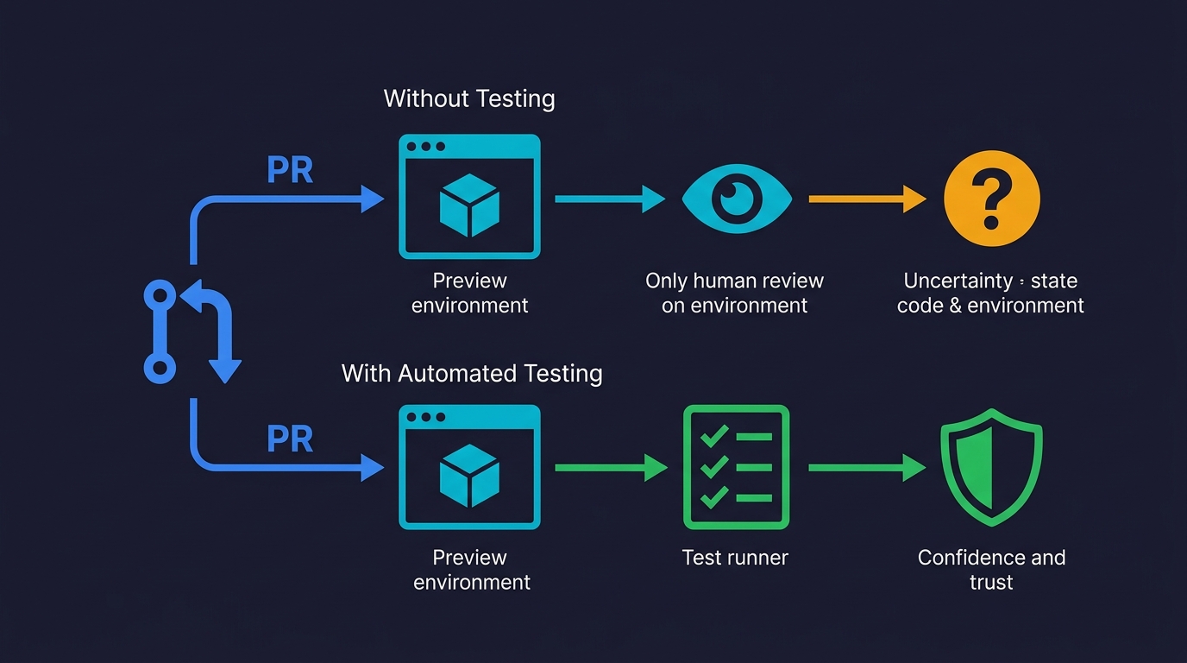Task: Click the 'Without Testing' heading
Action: (468, 98)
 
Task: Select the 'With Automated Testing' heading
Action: (471, 373)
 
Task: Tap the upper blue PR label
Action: (290, 170)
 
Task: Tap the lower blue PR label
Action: (290, 439)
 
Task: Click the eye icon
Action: (736, 199)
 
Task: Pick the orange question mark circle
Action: (991, 199)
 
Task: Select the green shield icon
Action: (991, 467)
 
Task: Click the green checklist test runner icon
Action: (736, 467)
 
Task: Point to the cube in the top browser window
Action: (469, 205)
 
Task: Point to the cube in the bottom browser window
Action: (469, 476)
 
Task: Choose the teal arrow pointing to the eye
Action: (608, 199)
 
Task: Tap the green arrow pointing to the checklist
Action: (608, 468)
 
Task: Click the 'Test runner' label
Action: (735, 558)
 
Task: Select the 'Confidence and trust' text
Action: (991, 569)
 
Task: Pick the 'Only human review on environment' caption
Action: (735, 293)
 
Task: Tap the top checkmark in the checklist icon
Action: (713, 437)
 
